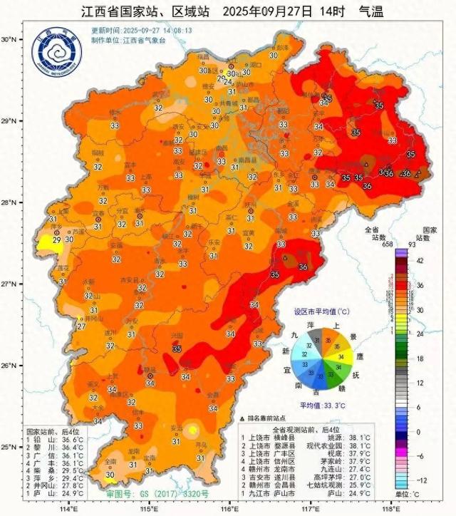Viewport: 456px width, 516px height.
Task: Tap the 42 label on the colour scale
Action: coord(419,262)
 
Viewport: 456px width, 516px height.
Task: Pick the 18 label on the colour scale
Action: coord(419,358)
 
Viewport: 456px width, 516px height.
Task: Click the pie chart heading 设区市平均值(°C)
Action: coord(322,312)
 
